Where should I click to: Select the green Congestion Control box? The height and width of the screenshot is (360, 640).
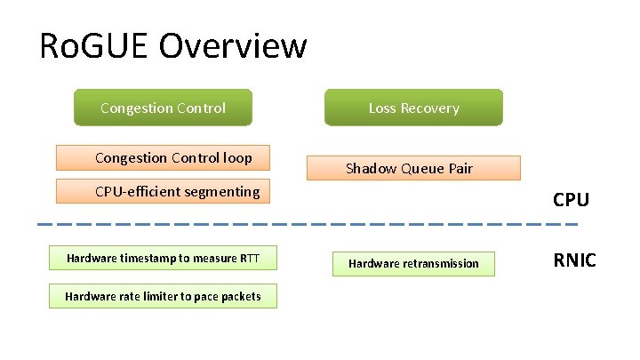[x=163, y=108]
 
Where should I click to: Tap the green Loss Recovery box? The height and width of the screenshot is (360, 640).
[x=413, y=108]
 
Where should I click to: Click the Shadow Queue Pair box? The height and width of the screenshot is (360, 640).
[x=412, y=168]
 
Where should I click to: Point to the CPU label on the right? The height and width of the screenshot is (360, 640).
[x=571, y=200]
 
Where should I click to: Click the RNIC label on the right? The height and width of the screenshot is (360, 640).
[x=574, y=260]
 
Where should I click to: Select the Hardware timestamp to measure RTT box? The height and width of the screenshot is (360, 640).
[x=164, y=259]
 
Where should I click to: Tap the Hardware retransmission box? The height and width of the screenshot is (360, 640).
[x=413, y=263]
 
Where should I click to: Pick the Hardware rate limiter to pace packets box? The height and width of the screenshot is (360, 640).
[x=163, y=296]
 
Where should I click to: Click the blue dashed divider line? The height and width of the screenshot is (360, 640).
[x=311, y=222]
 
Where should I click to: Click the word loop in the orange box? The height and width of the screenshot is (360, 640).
[x=238, y=158]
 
